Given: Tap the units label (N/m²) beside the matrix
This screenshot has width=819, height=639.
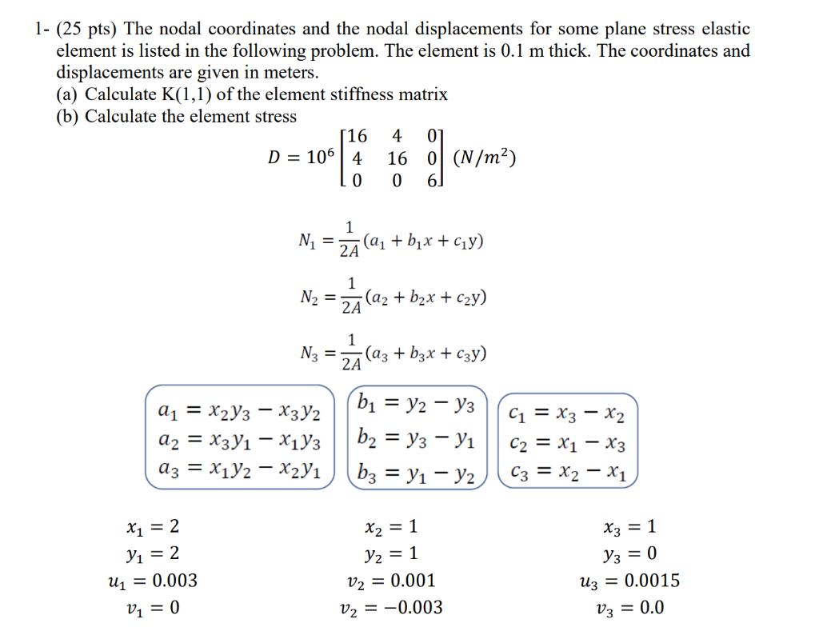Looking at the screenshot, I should tap(484, 158).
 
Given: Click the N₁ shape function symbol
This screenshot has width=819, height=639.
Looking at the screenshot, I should tap(306, 242).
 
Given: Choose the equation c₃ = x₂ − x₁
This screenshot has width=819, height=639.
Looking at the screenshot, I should tap(568, 471).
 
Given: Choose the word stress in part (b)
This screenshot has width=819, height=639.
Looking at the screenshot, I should tap(274, 117).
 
